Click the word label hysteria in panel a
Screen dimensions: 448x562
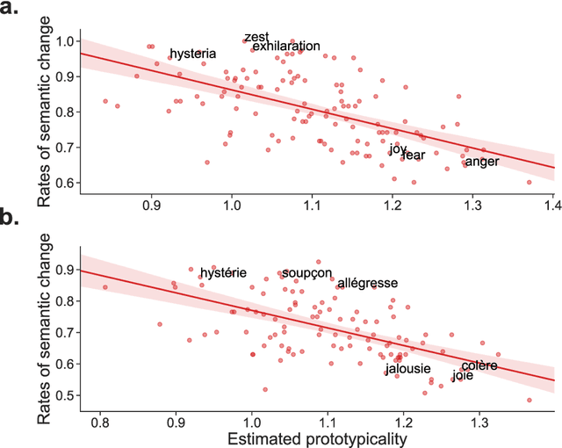coord(192,54)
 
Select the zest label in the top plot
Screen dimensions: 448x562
coord(256,37)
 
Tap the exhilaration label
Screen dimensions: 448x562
coord(286,46)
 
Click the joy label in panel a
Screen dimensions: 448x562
coord(398,149)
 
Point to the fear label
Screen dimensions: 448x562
coord(414,155)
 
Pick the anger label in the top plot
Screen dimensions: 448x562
coord(482,161)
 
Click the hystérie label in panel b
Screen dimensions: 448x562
coord(224,273)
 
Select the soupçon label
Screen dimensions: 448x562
coord(306,273)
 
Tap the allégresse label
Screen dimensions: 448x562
coord(368,283)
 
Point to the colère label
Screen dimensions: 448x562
coord(479,365)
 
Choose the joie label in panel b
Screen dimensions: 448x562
coord(463,376)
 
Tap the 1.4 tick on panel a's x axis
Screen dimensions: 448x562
coord(552,204)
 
